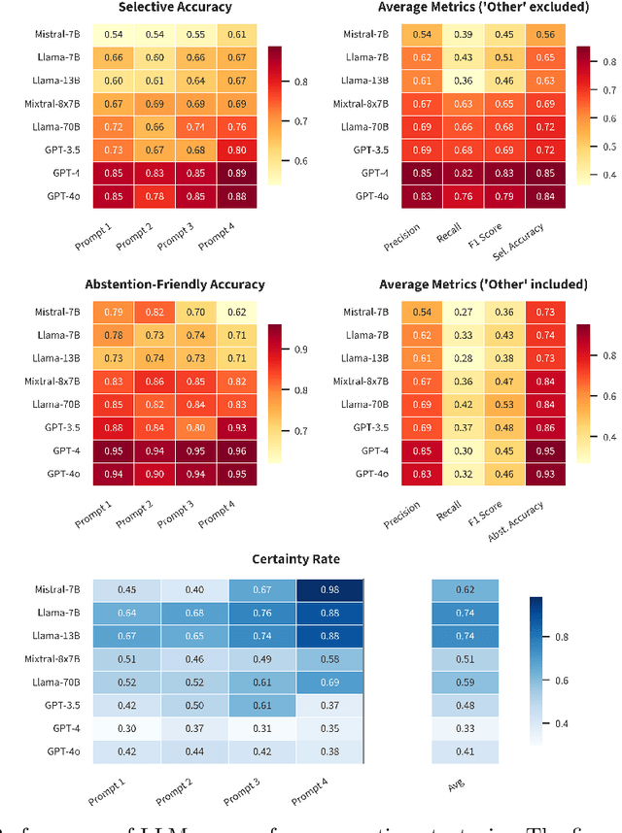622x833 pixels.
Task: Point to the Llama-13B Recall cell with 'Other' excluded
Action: [466, 81]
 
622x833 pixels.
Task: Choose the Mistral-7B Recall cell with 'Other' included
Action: [466, 312]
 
